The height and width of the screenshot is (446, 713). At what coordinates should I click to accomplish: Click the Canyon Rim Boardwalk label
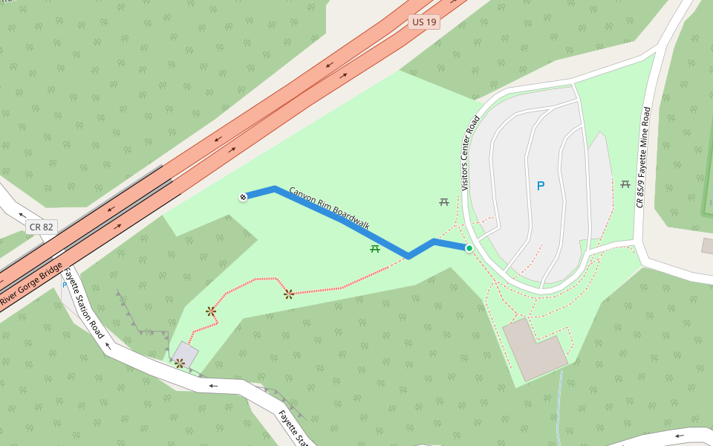click(329, 207)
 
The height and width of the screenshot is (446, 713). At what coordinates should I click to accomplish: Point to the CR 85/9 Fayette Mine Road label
click(642, 157)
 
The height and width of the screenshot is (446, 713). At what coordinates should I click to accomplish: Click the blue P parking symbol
click(541, 186)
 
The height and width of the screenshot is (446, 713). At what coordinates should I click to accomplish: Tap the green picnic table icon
click(375, 248)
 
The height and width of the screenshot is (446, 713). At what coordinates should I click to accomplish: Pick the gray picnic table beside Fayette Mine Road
click(625, 184)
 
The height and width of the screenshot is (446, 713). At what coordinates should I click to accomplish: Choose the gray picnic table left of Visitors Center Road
click(444, 201)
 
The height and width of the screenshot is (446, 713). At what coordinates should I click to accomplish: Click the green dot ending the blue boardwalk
click(469, 248)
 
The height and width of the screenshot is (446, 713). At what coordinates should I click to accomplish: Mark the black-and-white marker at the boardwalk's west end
click(242, 197)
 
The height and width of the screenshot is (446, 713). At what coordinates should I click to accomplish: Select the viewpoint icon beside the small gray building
click(179, 363)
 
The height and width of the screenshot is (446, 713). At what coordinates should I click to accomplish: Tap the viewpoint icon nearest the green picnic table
click(288, 294)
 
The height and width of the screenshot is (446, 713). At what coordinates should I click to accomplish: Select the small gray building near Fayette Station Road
click(186, 353)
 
